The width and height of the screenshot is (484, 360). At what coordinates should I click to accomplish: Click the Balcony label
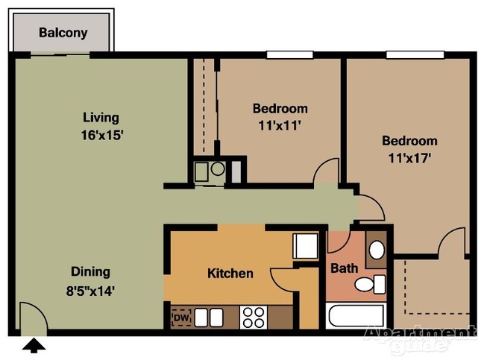click(63, 33)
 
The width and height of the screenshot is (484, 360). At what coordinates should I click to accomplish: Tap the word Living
click(101, 117)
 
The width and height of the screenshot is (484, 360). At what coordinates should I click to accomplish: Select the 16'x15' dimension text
click(102, 135)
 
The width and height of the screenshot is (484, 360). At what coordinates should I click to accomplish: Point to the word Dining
click(90, 271)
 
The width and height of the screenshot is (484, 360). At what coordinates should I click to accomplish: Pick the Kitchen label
click(230, 274)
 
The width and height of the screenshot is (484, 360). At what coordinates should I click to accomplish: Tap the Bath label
click(344, 268)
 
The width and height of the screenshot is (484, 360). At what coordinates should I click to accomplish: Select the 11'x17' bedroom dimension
click(409, 158)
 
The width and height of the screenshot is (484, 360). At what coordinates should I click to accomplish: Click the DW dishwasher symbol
click(180, 318)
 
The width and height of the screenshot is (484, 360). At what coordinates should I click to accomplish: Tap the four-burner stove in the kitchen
click(253, 318)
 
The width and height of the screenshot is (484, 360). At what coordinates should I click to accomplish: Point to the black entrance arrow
click(34, 344)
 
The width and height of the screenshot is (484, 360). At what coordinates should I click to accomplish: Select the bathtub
click(356, 316)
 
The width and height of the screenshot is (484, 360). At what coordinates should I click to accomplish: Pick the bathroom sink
click(377, 249)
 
